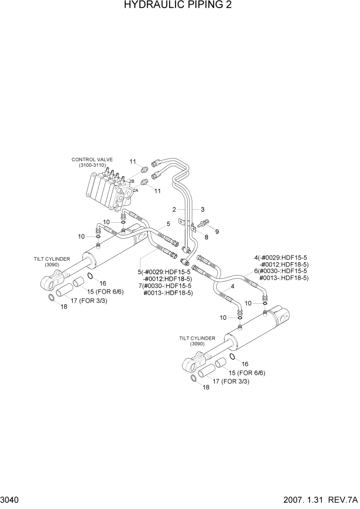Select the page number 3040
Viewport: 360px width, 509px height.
[x=11, y=500]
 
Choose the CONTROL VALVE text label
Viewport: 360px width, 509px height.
[x=92, y=160]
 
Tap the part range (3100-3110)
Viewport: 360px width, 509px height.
[x=92, y=165]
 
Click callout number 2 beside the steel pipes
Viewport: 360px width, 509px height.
[x=174, y=209]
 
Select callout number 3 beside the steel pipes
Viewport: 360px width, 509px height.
[x=203, y=209]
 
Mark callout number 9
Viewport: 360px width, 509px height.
[x=216, y=232]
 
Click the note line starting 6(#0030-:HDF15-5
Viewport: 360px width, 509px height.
[x=281, y=271]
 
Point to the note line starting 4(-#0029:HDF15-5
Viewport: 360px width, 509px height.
[x=281, y=258]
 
